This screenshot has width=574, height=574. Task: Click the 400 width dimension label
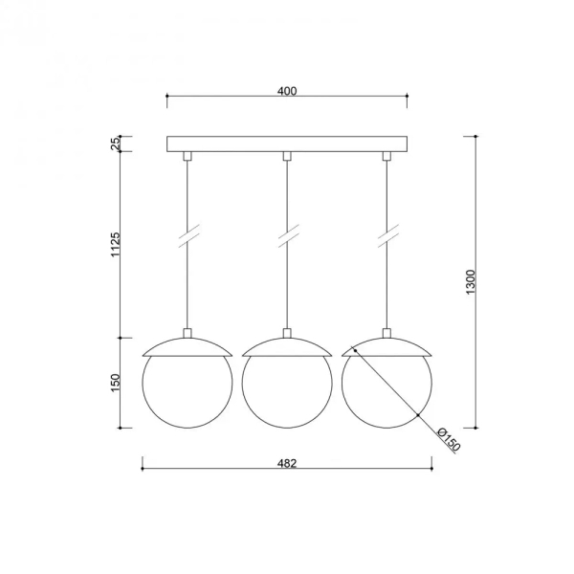point(287,91)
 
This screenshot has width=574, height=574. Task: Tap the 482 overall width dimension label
point(287,463)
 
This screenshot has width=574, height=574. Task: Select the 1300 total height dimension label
point(471,282)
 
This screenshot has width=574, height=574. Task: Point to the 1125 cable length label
point(116,245)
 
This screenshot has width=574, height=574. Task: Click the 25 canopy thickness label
point(116,143)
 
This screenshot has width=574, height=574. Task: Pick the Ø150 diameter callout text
point(449,439)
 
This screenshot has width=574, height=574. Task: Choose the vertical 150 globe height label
point(116,383)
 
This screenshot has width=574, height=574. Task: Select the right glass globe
point(342,383)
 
